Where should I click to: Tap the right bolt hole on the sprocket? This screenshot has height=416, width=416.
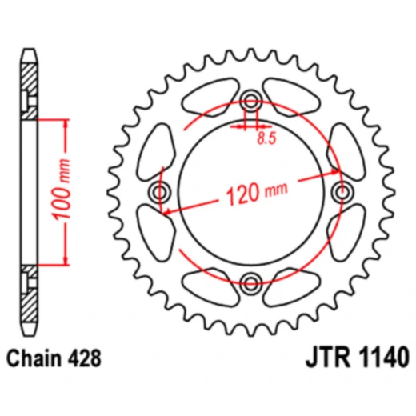pos(342,192)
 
